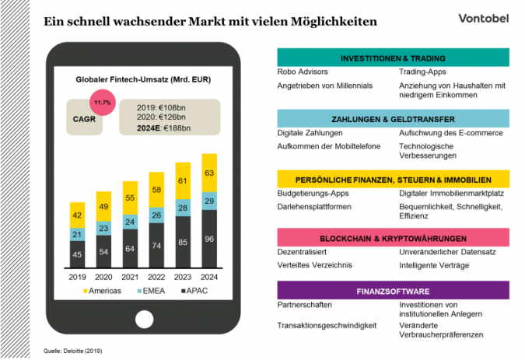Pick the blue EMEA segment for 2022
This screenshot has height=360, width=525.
[156, 215]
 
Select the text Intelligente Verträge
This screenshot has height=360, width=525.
[434, 265]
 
